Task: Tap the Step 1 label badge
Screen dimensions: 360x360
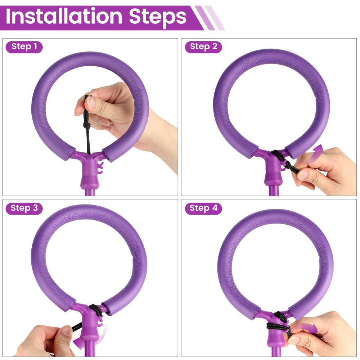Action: point(24,47)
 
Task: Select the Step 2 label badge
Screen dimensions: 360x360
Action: point(203,47)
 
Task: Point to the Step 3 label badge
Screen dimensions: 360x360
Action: point(24,208)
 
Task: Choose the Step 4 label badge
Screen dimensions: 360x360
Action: point(203,208)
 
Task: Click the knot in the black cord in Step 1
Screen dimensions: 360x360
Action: point(86,125)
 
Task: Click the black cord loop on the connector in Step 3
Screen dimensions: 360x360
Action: point(96,310)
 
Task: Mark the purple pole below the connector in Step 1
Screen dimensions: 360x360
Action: point(90,192)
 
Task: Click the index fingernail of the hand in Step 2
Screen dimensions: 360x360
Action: point(303,175)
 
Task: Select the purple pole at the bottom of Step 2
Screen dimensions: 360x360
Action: point(274,190)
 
